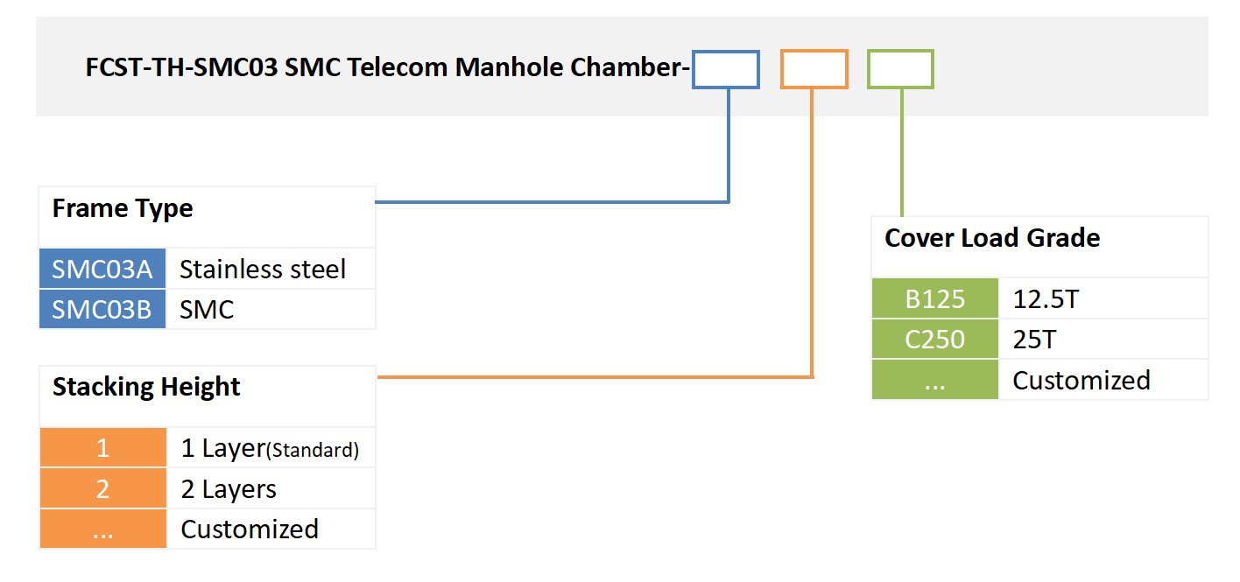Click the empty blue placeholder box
click(x=725, y=69)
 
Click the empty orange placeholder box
click(x=814, y=69)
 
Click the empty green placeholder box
click(x=900, y=69)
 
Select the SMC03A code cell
click(x=102, y=270)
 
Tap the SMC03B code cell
click(x=102, y=309)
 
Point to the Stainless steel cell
click(x=263, y=270)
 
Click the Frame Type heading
click(x=123, y=209)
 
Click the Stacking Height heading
click(x=146, y=387)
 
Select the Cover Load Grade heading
click(x=992, y=238)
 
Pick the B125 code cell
click(x=934, y=299)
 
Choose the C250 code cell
click(x=934, y=340)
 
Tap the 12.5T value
click(x=1046, y=299)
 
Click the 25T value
click(x=1035, y=340)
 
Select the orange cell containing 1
click(x=103, y=448)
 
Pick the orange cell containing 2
click(x=103, y=488)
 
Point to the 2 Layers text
click(x=229, y=489)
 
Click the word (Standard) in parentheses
click(x=313, y=451)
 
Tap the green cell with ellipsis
click(x=934, y=380)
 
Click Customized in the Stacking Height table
click(x=250, y=529)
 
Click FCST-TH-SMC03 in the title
click(x=182, y=67)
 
